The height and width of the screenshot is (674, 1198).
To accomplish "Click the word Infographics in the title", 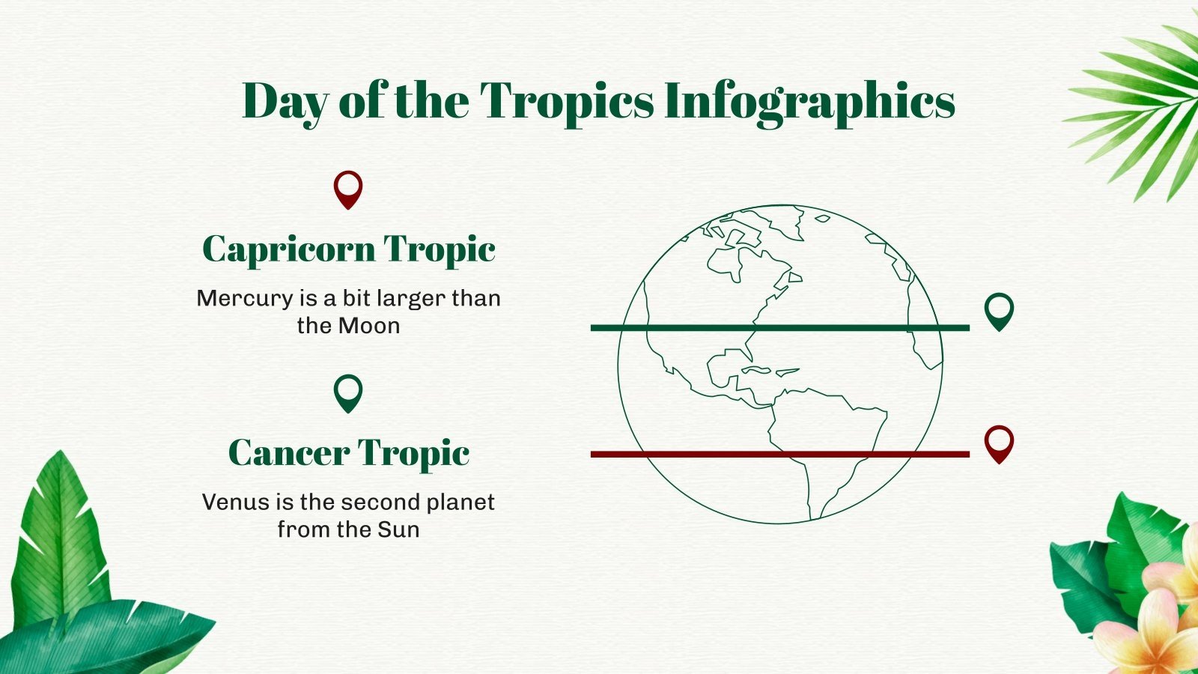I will [x=809, y=101].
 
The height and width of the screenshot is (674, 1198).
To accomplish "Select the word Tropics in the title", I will [x=566, y=101].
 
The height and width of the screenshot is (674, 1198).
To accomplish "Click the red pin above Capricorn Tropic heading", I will [x=348, y=189].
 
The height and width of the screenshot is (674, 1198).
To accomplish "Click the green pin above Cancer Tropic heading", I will [x=348, y=393].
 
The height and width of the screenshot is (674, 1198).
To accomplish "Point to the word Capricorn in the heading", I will [x=288, y=249].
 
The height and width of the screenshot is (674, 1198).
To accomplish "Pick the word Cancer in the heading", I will [x=288, y=453].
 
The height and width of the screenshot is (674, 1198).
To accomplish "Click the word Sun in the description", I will [x=398, y=529].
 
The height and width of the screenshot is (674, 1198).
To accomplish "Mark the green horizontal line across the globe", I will [x=779, y=327].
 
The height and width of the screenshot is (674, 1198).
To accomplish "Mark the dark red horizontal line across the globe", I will [x=779, y=454].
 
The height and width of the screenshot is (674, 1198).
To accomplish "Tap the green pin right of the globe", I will [x=999, y=311].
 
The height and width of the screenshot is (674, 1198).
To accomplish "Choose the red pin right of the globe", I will [x=999, y=443].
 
